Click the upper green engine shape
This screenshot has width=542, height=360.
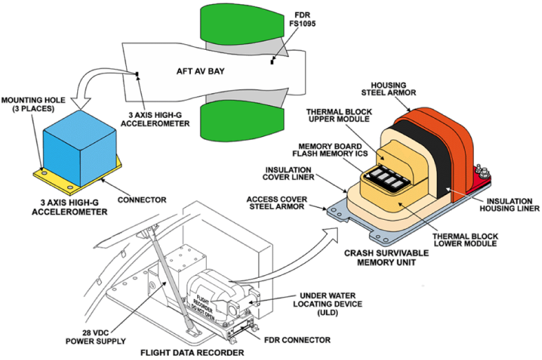point(232,28)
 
